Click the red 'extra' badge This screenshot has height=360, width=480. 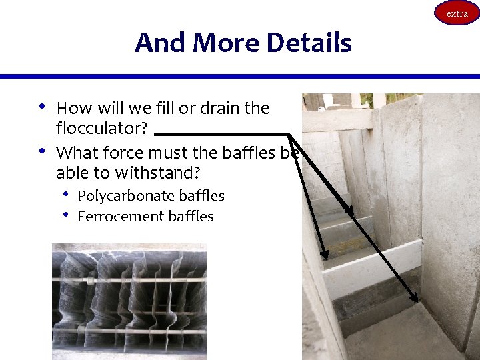457,13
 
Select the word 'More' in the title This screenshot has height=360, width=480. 227,43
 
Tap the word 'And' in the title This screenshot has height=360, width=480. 161,43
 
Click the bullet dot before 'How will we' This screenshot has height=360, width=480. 41,106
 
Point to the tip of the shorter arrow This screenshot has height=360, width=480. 325,257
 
